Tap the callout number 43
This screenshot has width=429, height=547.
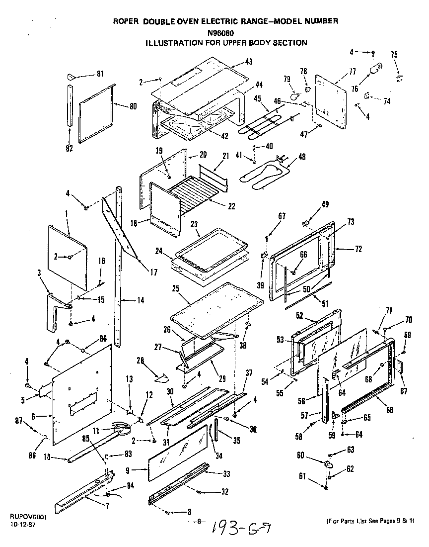(249, 62)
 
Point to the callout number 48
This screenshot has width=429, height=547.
(302, 157)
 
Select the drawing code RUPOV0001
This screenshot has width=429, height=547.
(28, 517)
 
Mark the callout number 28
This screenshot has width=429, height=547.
(141, 360)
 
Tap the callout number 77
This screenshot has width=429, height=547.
(352, 72)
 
